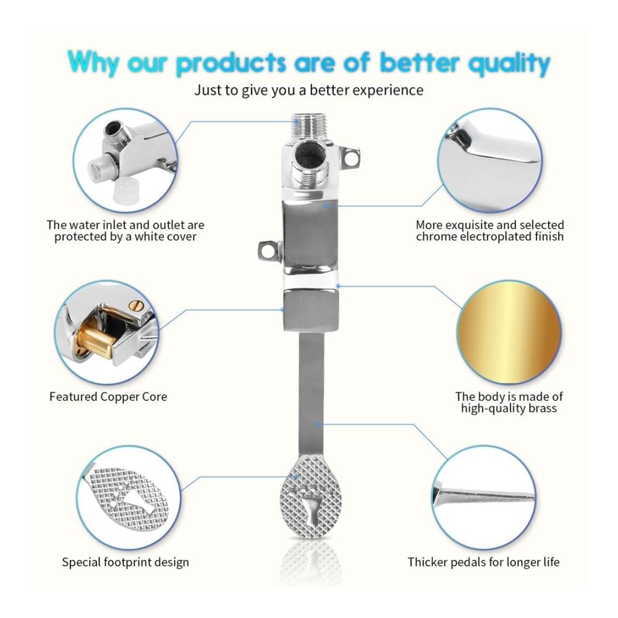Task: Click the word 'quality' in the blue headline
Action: [509, 64]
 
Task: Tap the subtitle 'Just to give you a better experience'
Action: [308, 90]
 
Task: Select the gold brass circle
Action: [509, 332]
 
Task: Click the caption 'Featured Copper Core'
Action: [108, 397]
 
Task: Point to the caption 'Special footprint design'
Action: [125, 562]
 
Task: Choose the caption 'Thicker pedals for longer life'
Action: [484, 562]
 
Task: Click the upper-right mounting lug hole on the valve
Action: [350, 157]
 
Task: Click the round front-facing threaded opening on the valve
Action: [311, 155]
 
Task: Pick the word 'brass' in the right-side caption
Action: [543, 408]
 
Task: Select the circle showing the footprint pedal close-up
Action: [127, 497]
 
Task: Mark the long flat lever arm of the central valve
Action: [311, 394]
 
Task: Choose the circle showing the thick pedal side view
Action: [484, 497]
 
